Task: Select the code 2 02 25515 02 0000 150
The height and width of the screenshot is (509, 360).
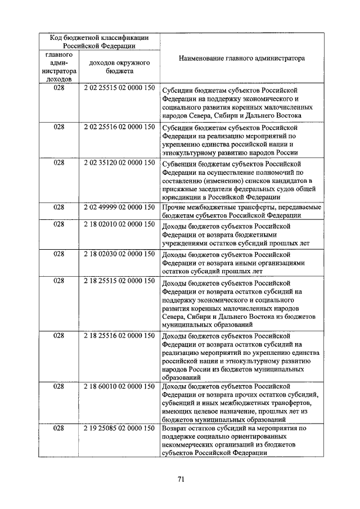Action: (119, 89)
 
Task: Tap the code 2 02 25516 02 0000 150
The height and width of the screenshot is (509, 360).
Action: (119, 127)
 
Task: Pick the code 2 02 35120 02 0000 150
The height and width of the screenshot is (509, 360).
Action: (119, 163)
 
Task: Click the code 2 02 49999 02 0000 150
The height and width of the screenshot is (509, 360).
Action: (119, 207)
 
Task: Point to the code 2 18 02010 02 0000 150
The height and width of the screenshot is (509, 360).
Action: (119, 224)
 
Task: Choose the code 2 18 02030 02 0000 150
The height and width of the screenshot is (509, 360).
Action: (119, 254)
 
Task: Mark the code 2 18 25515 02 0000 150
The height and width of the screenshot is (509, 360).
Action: (119, 281)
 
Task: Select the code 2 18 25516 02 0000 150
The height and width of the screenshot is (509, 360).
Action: (119, 336)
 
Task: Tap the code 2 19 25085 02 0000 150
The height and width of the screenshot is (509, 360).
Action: (119, 429)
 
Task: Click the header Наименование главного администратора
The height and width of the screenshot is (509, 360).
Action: (241, 58)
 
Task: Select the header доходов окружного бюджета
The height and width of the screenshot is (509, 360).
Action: (119, 67)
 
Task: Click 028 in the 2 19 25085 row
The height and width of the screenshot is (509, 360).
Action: (59, 429)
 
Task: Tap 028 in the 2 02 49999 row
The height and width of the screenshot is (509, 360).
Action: (59, 207)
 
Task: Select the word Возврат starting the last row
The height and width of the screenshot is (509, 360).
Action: (175, 429)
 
